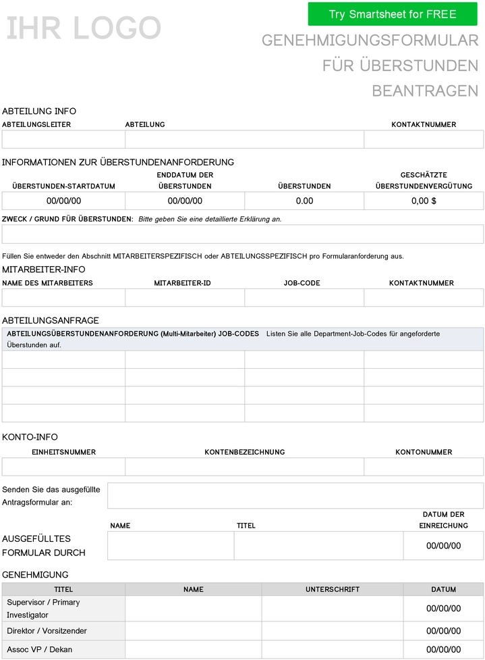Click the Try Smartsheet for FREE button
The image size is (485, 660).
click(x=393, y=14)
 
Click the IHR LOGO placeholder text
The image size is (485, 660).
click(x=84, y=28)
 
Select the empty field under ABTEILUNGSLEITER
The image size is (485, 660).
click(x=63, y=139)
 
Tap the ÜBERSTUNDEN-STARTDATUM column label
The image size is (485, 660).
click(x=63, y=186)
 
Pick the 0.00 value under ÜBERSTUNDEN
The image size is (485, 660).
click(x=304, y=201)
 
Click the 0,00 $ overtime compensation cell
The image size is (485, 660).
click(x=424, y=201)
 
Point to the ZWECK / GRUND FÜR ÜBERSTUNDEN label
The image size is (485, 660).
click(x=67, y=219)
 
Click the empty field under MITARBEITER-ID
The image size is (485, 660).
click(x=184, y=298)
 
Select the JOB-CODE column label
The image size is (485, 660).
click(x=302, y=283)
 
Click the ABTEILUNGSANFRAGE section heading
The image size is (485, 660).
click(x=51, y=320)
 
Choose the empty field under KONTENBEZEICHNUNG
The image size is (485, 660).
click(x=244, y=467)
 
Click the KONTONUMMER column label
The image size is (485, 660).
click(x=424, y=452)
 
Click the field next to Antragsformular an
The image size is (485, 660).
click(x=295, y=495)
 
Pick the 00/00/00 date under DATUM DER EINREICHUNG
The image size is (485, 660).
click(x=443, y=546)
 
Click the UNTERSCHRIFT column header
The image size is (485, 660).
click(x=333, y=590)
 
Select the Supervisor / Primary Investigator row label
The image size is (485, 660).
click(x=43, y=609)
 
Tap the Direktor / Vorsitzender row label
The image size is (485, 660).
click(x=47, y=631)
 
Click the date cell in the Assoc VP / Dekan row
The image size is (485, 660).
click(x=443, y=650)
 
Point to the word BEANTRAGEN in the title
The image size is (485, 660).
click(x=425, y=91)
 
